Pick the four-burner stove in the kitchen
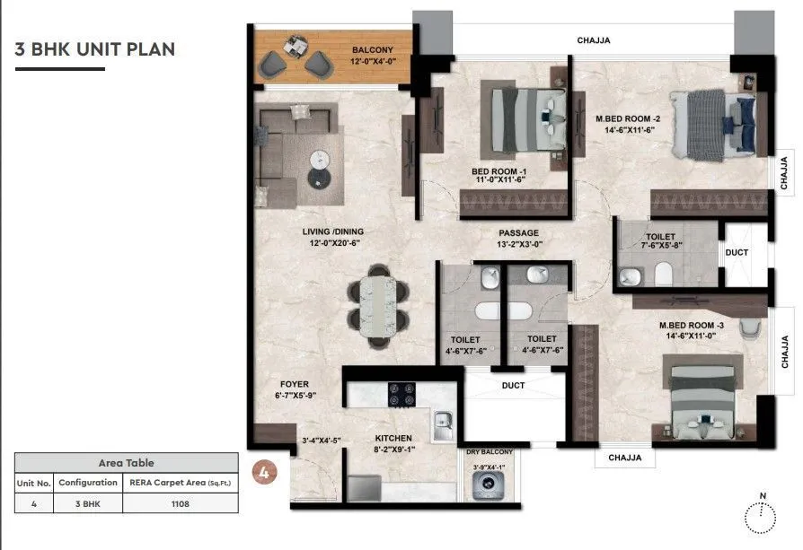pyautogui.click(x=399, y=394)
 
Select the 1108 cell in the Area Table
pyautogui.click(x=179, y=503)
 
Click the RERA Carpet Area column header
pyautogui.click(x=179, y=482)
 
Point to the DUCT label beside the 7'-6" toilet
pyautogui.click(x=737, y=253)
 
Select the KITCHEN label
pyautogui.click(x=393, y=439)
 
